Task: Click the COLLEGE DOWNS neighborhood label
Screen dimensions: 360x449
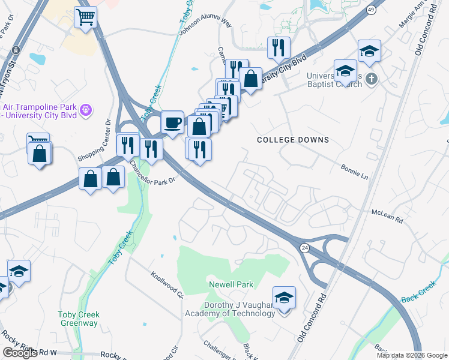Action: click(293, 140)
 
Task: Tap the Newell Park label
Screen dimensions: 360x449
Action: click(231, 284)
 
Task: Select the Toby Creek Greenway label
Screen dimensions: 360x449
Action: click(78, 319)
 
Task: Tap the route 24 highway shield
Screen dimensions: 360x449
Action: click(305, 247)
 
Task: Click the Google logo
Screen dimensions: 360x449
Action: click(20, 353)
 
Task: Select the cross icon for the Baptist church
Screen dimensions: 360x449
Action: click(372, 79)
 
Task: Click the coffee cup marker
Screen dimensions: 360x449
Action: click(173, 122)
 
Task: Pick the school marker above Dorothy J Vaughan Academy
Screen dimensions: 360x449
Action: click(284, 297)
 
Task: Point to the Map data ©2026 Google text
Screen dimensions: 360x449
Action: click(412, 355)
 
